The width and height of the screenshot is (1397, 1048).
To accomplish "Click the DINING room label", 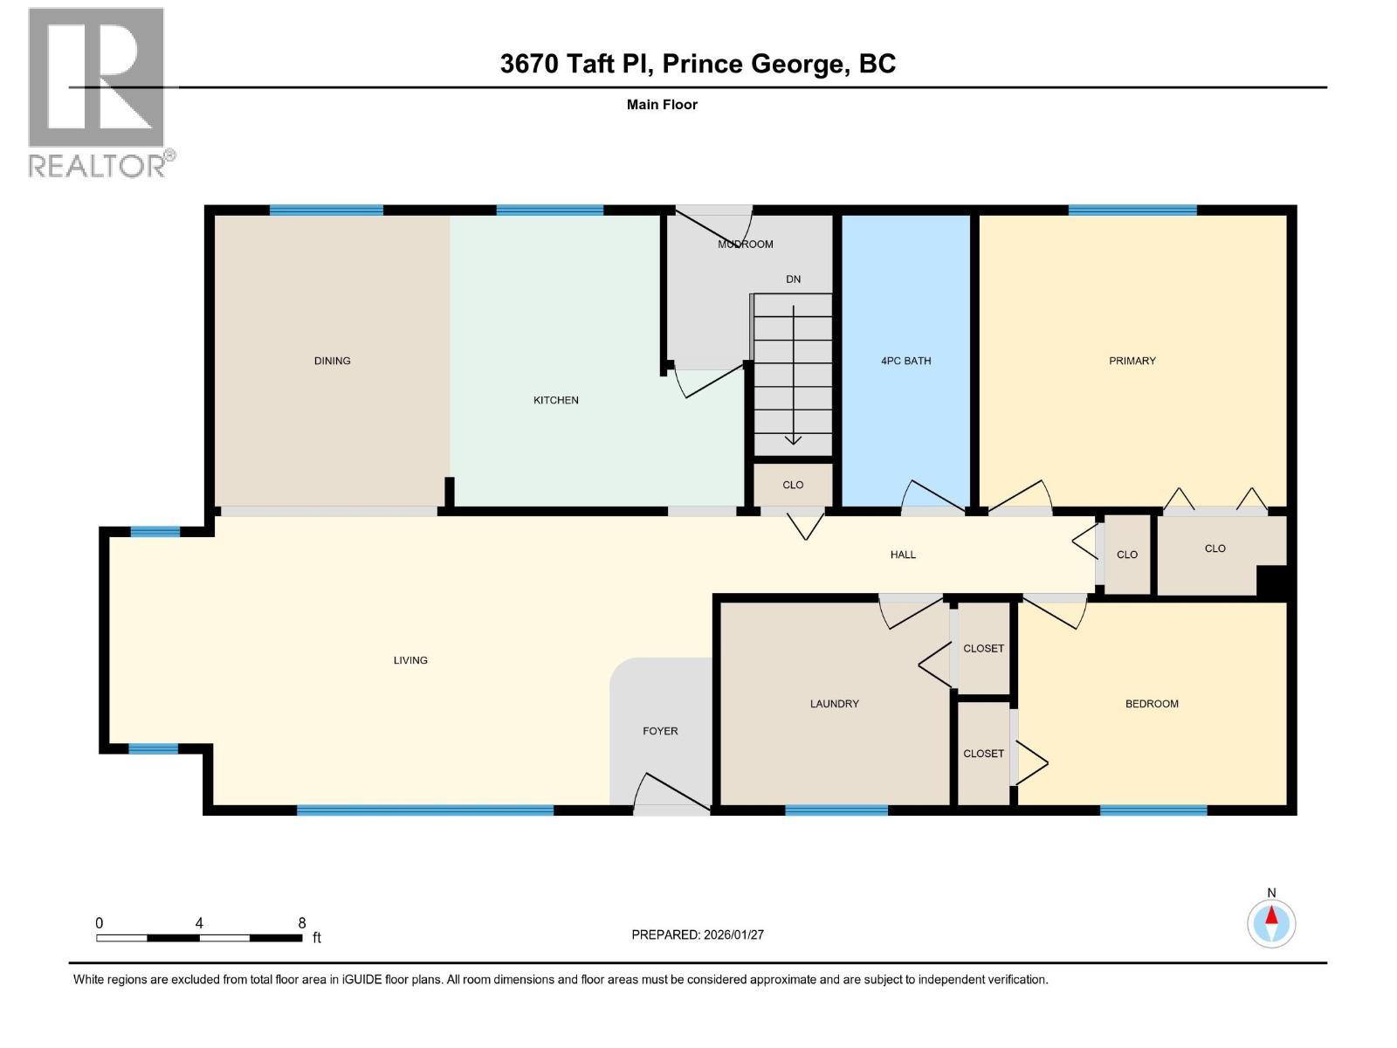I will pos(332,361).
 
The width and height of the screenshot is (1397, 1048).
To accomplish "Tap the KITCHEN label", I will pos(556,400).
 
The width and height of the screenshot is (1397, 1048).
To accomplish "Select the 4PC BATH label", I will pos(905,361).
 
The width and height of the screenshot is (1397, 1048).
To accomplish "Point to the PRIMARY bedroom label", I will pos(1132,361).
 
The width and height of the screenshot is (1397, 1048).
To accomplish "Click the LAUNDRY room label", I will pos(834,704).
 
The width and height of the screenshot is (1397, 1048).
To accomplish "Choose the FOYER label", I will pos(660,731).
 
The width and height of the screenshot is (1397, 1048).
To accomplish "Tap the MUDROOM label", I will pos(745,245).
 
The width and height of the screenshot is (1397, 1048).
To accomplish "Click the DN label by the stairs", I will pos(793,279).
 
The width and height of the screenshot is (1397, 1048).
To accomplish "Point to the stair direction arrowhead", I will pos(793,439).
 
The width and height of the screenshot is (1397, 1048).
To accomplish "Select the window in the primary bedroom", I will pos(1132,210).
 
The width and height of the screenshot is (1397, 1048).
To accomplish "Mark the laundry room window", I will pos(836,810).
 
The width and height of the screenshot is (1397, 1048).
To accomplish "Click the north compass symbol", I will pos(1271,922).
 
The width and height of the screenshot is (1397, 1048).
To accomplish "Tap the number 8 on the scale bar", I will pos(302,923).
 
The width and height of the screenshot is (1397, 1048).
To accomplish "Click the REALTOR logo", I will pos(98,92).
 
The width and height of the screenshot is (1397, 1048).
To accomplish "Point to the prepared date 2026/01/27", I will pos(732,934).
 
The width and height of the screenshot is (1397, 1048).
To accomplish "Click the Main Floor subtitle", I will pos(662,105).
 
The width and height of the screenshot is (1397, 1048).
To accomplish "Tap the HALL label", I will pos(903,555).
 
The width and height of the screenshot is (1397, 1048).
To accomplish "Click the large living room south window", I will pos(425,810).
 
